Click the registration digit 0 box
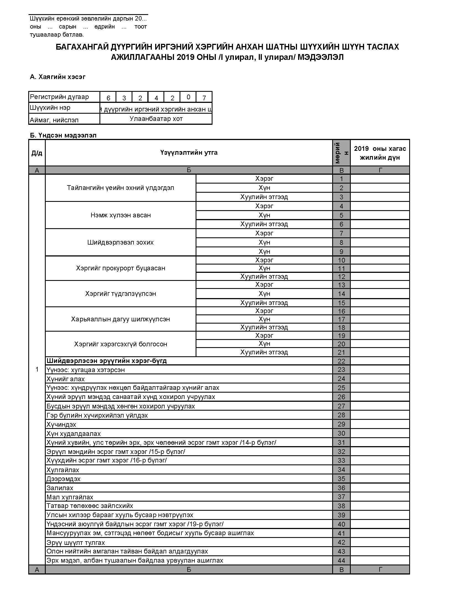coord(188,97)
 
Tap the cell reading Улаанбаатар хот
coord(156,119)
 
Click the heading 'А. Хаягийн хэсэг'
coord(57,77)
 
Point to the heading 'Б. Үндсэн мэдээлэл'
coord(63,136)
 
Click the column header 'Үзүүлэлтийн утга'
coord(189,152)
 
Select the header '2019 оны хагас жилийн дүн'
coord(380,153)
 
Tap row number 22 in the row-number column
coord(341,361)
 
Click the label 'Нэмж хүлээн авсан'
coord(121,215)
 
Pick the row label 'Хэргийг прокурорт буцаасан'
coord(121,268)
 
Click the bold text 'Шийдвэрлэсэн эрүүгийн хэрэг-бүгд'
coord(107,360)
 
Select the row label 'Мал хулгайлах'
coord(70,497)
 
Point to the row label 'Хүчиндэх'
coord(62,424)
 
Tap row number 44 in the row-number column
coord(341,560)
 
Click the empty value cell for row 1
coord(380,179)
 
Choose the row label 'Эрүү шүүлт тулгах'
coord(76,542)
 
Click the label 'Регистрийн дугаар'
coord(60,97)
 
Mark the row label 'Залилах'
coord(60,488)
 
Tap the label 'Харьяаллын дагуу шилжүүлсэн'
coord(121,319)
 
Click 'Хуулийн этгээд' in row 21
coord(264,352)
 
